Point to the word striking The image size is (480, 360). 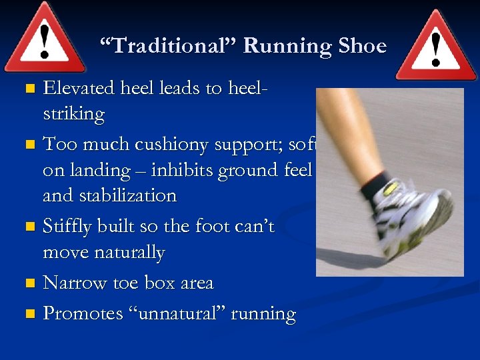73,114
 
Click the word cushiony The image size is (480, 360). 181,143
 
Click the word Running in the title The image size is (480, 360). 287,47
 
